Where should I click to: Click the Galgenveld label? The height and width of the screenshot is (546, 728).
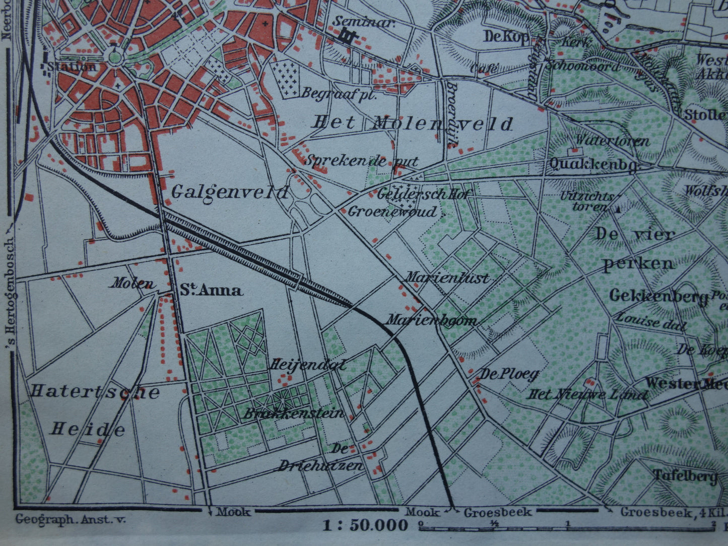tap(230, 192)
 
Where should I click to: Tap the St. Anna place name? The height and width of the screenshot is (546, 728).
tap(212, 290)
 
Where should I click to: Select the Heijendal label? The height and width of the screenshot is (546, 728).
tap(309, 364)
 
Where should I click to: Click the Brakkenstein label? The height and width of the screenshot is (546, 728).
tap(294, 414)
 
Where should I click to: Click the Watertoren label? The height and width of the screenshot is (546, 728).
tap(613, 141)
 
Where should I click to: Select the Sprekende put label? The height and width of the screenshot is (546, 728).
tap(362, 161)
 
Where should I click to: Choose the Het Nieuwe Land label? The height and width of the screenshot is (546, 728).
tap(587, 394)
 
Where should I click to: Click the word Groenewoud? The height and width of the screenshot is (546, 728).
tap(392, 212)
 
